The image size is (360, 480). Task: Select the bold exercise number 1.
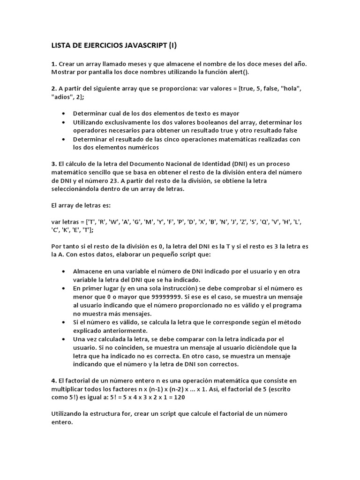(53, 63)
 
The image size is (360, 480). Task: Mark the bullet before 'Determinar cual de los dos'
(64, 114)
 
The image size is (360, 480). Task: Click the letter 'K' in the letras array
(71, 229)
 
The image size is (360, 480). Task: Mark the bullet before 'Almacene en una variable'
(64, 272)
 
